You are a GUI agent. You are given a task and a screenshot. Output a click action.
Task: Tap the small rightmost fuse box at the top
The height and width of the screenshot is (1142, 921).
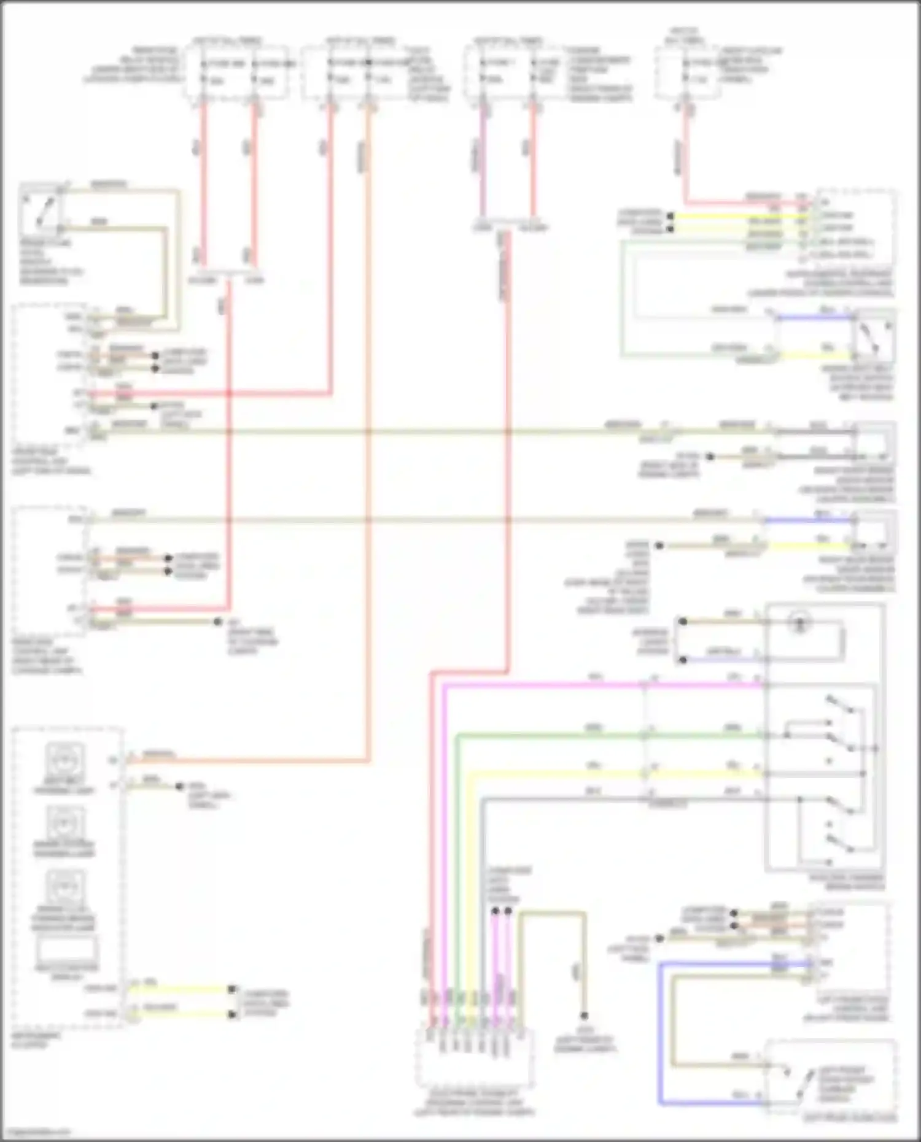[x=688, y=72]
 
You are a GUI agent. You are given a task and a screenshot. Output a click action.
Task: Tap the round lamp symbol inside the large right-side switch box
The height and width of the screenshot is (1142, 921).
[x=799, y=624]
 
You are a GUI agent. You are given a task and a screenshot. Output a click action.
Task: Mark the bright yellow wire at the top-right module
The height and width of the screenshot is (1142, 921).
[x=737, y=216]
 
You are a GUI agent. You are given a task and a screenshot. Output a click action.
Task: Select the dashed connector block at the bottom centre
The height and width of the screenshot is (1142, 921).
[x=474, y=1059]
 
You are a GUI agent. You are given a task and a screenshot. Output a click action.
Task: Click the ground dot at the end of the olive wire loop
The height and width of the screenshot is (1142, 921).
[x=585, y=1016]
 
